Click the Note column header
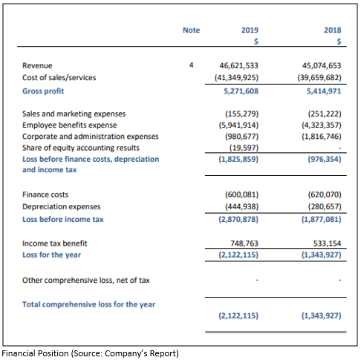191,30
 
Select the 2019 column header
250,30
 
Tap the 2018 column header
333,30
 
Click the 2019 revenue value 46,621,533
238,65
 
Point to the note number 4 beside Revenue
191,65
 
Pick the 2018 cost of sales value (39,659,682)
319,78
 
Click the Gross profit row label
43,91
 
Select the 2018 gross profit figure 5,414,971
324,91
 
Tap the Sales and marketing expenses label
74,114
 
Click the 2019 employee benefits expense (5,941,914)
238,125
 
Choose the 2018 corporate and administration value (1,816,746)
322,137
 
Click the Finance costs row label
45,194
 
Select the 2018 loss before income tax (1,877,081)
322,220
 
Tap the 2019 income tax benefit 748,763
244,243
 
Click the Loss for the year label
51,255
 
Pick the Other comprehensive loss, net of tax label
86,281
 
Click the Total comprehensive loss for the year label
88,304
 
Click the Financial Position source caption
90,353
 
